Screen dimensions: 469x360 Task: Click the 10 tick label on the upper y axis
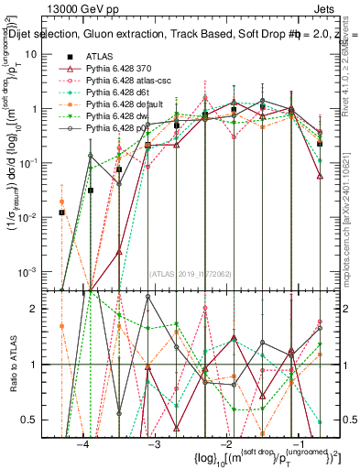(40, 54)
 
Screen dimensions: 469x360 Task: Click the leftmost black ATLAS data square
(61, 213)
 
